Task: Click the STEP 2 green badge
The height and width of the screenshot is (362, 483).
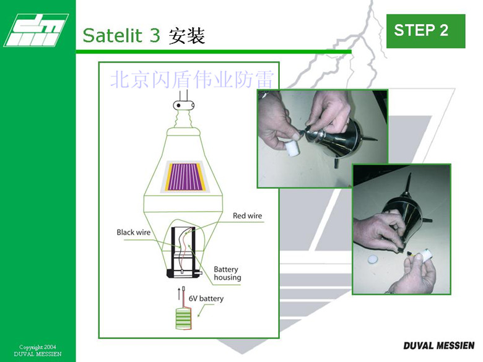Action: [x=425, y=31]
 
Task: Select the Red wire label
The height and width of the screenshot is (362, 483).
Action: [x=247, y=216]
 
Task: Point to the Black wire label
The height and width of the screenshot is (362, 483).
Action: [x=133, y=233]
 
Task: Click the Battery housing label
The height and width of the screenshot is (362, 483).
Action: [x=227, y=274]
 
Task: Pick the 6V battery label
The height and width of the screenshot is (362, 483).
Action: [x=206, y=299]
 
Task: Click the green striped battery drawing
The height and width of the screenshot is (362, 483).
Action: [x=183, y=319]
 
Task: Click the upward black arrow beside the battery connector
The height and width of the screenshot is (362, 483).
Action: [x=179, y=294]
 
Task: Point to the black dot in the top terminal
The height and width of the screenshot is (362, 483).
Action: [x=178, y=106]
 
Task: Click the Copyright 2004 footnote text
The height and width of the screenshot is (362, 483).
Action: [x=38, y=347]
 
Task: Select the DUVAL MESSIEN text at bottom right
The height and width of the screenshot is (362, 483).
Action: [x=438, y=346]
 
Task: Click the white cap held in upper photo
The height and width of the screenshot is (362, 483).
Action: [x=292, y=149]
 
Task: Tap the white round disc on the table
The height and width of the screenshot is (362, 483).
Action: [x=372, y=260]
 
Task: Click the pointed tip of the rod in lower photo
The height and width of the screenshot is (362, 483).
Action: [x=410, y=174]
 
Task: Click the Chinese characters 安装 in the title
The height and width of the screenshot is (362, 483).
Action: [x=186, y=36]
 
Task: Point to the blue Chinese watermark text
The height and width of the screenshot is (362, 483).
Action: [x=192, y=79]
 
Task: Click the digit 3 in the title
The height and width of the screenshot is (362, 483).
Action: [x=155, y=35]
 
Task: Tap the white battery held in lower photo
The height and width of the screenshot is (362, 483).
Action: [x=423, y=255]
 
